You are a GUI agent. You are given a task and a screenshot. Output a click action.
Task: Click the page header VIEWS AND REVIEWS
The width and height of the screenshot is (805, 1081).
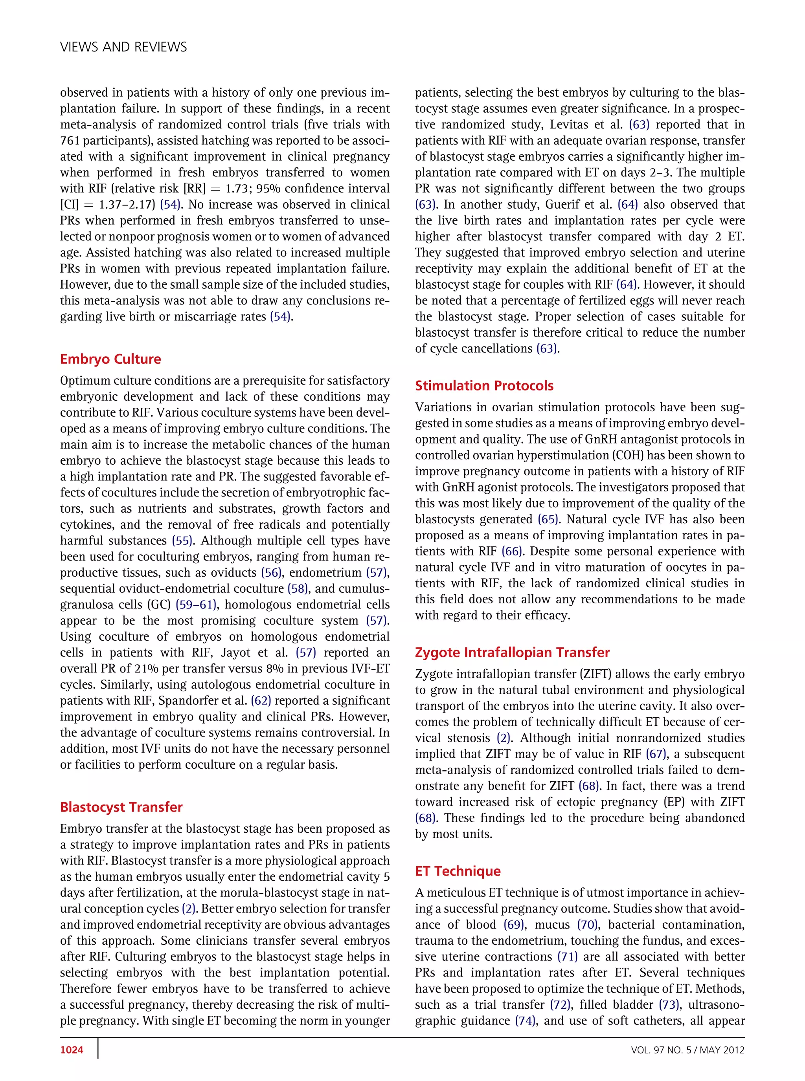pos(123,47)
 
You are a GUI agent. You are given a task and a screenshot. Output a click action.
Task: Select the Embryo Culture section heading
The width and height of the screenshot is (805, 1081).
pos(110,359)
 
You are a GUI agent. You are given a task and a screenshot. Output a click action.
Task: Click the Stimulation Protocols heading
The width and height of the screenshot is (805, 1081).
pos(484,386)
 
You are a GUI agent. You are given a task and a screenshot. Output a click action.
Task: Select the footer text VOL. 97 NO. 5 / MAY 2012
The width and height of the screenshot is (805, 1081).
pos(687,1050)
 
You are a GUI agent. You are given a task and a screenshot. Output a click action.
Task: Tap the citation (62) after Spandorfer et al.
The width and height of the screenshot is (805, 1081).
pos(261,701)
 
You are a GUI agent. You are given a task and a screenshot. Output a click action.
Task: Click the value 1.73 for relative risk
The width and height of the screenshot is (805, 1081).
pos(237,189)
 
